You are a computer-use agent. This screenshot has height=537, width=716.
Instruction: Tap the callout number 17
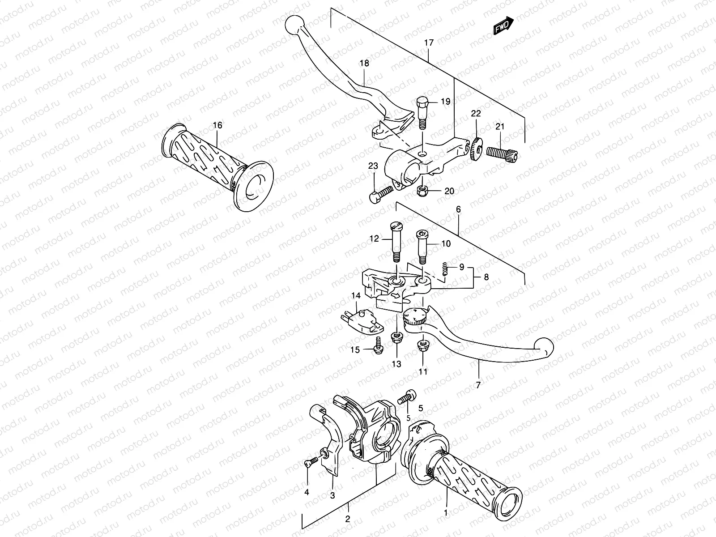point(429,43)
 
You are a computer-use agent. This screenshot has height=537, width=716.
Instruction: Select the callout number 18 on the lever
point(364,64)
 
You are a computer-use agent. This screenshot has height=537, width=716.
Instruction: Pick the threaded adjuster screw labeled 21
point(501,152)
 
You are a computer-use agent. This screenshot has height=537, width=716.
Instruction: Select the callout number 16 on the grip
point(217,125)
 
